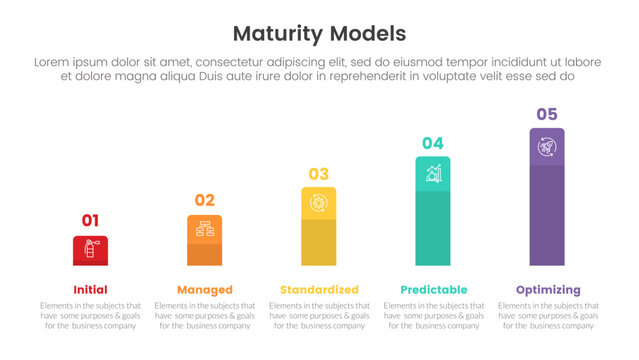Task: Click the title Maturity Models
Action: click(319, 33)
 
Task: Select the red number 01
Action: click(90, 220)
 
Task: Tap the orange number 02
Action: click(204, 200)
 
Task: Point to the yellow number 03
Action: click(318, 174)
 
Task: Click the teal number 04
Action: click(432, 143)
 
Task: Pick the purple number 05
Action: click(547, 114)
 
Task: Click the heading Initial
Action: click(90, 289)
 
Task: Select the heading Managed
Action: click(204, 289)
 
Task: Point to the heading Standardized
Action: click(319, 289)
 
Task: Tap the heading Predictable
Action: click(433, 289)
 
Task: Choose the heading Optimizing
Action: click(547, 289)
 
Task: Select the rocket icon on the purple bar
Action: click(547, 147)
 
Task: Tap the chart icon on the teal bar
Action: click(433, 174)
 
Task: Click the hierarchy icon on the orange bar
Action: click(204, 229)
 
